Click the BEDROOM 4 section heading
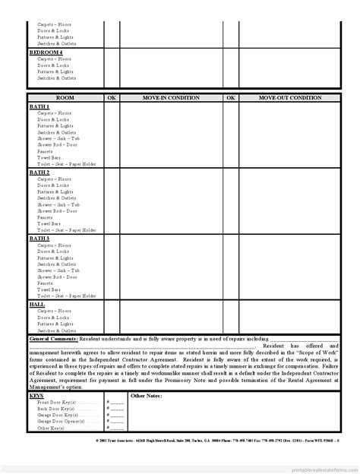coord(41,52)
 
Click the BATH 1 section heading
coord(39,106)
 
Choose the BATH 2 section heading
coord(39,172)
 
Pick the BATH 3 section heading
coord(39,239)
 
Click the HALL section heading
coord(37,304)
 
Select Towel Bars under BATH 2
coord(49,224)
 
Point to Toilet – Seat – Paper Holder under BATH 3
coord(67,296)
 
